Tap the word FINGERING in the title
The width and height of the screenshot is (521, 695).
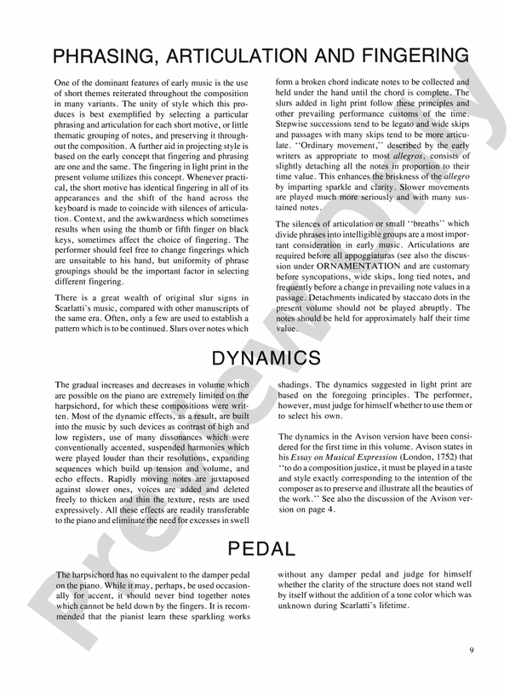tap(400, 57)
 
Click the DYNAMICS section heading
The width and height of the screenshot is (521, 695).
tap(260, 358)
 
